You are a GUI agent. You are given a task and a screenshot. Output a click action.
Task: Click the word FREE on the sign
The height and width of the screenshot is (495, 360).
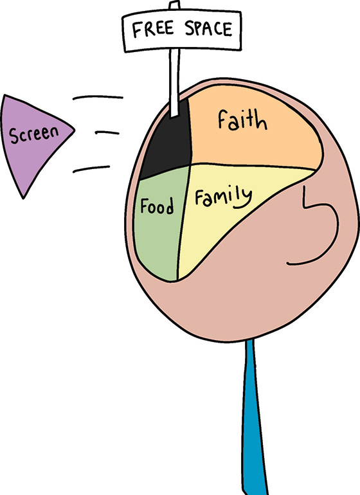tap(153, 30)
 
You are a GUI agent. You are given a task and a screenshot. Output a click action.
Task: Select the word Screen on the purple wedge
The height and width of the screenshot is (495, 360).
tap(34, 134)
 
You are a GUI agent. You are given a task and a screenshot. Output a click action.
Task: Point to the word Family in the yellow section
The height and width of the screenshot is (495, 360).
tap(223, 198)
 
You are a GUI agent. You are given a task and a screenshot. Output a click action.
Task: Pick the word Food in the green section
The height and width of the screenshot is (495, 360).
tap(157, 206)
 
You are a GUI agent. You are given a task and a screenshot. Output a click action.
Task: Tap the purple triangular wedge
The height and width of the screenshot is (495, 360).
tap(35, 139)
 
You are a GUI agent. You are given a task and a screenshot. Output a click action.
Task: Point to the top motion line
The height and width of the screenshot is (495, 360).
tap(98, 97)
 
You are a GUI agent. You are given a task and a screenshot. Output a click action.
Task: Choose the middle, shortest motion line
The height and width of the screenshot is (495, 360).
tap(107, 133)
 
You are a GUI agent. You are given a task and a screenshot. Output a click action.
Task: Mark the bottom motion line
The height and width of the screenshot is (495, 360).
tap(91, 169)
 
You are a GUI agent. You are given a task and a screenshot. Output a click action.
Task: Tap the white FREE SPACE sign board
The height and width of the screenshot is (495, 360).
tap(182, 31)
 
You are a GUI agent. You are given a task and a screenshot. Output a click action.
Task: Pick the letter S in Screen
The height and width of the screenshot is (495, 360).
tap(14, 136)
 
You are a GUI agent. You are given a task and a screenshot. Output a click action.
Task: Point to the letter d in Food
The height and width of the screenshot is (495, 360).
tap(169, 206)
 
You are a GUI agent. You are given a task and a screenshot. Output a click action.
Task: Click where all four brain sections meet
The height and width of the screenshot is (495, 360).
tap(190, 164)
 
